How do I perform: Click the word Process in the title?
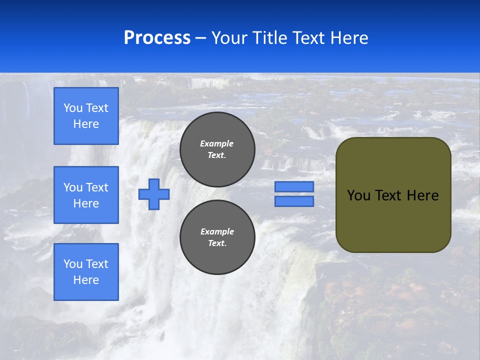click(x=157, y=38)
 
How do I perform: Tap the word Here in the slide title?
click(x=348, y=38)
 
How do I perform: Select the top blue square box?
click(x=86, y=116)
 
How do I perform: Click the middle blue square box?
click(x=86, y=195)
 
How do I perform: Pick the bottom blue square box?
click(x=86, y=271)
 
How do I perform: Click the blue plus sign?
click(x=154, y=194)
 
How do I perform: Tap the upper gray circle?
click(x=217, y=149)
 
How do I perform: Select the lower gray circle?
click(x=217, y=237)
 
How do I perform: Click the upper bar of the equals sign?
click(x=294, y=187)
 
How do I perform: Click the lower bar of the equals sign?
click(x=294, y=201)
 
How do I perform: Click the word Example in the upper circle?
click(x=217, y=143)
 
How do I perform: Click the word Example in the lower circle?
click(x=217, y=231)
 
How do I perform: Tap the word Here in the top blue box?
click(x=86, y=124)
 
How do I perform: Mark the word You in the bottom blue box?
click(x=73, y=264)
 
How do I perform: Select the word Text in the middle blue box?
click(x=97, y=187)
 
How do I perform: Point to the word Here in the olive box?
click(x=422, y=195)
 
